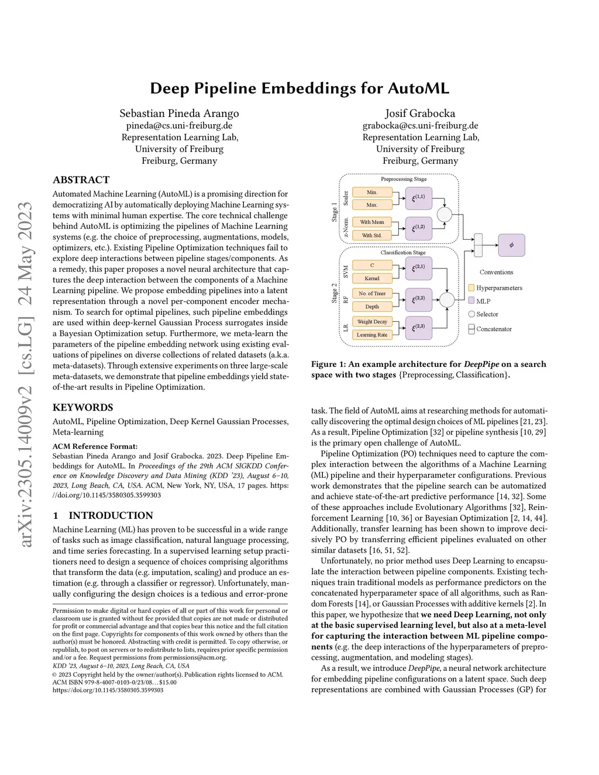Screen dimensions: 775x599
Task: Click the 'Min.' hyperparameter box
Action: point(372,192)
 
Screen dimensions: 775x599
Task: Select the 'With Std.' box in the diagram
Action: point(372,235)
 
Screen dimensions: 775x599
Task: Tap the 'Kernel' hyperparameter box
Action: point(372,278)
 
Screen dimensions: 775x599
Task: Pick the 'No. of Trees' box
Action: point(372,293)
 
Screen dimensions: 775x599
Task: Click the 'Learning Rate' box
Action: point(372,335)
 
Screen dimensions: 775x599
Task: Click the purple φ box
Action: point(512,245)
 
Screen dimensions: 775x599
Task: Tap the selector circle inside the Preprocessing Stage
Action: point(445,215)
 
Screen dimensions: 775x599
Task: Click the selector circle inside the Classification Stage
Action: point(447,300)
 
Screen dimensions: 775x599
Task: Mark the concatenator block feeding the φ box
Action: point(478,245)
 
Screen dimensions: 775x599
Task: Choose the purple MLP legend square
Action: point(471,301)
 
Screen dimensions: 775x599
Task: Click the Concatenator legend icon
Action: point(471,329)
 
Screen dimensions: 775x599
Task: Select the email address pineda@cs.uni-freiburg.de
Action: point(179,126)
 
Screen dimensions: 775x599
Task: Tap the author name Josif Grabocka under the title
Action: point(420,113)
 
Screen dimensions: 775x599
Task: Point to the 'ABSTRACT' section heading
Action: point(81,180)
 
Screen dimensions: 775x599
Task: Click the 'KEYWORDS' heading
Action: point(83,408)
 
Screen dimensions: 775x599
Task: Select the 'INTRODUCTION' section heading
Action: point(111,515)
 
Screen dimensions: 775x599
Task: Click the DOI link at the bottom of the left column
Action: point(108,690)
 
